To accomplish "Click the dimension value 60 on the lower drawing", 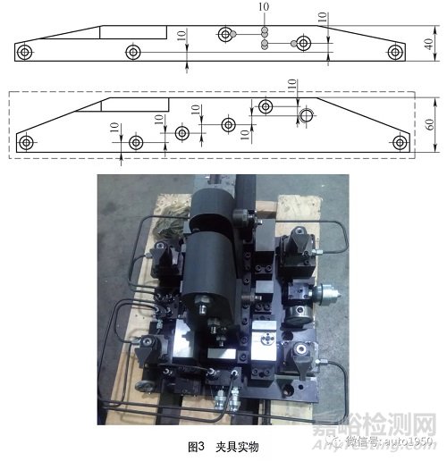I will (x=429, y=124).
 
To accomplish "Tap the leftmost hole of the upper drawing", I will (x=28, y=52).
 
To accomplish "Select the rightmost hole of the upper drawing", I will (x=394, y=53).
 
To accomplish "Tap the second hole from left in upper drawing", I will (x=132, y=53).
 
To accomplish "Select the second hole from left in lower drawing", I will (x=136, y=141).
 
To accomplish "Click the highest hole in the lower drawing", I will (x=266, y=107).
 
